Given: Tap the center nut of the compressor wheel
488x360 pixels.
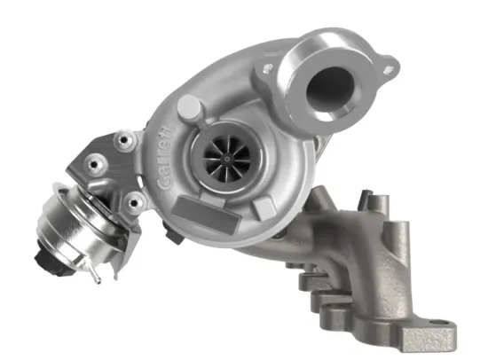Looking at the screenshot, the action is coord(227,160).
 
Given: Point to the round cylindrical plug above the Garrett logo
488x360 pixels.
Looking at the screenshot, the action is coord(189,106).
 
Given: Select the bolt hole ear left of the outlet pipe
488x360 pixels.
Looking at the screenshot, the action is coord(268,67).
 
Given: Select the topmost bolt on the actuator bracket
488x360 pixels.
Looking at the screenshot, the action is coord(124,140).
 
